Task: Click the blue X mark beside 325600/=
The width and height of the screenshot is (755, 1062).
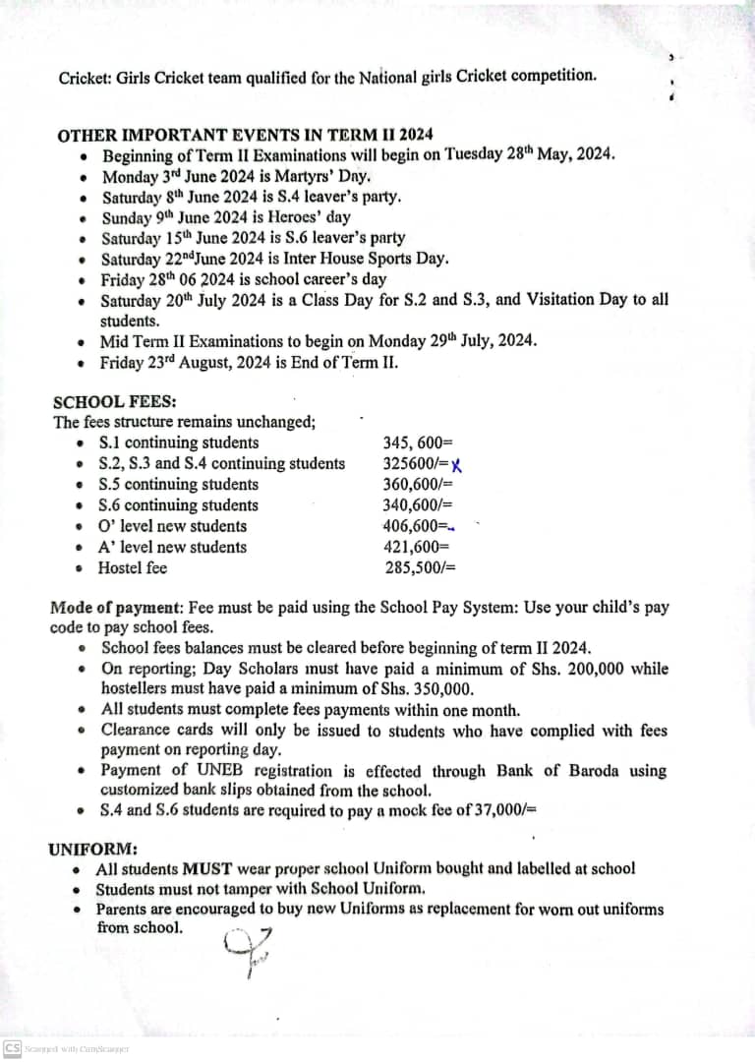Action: tap(456, 465)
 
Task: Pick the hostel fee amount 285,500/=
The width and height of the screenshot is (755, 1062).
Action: tap(420, 568)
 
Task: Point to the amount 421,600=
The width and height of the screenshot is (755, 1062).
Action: tap(416, 548)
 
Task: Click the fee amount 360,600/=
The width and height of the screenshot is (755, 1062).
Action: tap(417, 485)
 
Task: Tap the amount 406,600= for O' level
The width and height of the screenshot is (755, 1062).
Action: tap(416, 527)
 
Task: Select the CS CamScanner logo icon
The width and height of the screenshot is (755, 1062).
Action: tap(13, 1048)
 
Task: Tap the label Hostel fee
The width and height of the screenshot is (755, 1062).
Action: tap(133, 568)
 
